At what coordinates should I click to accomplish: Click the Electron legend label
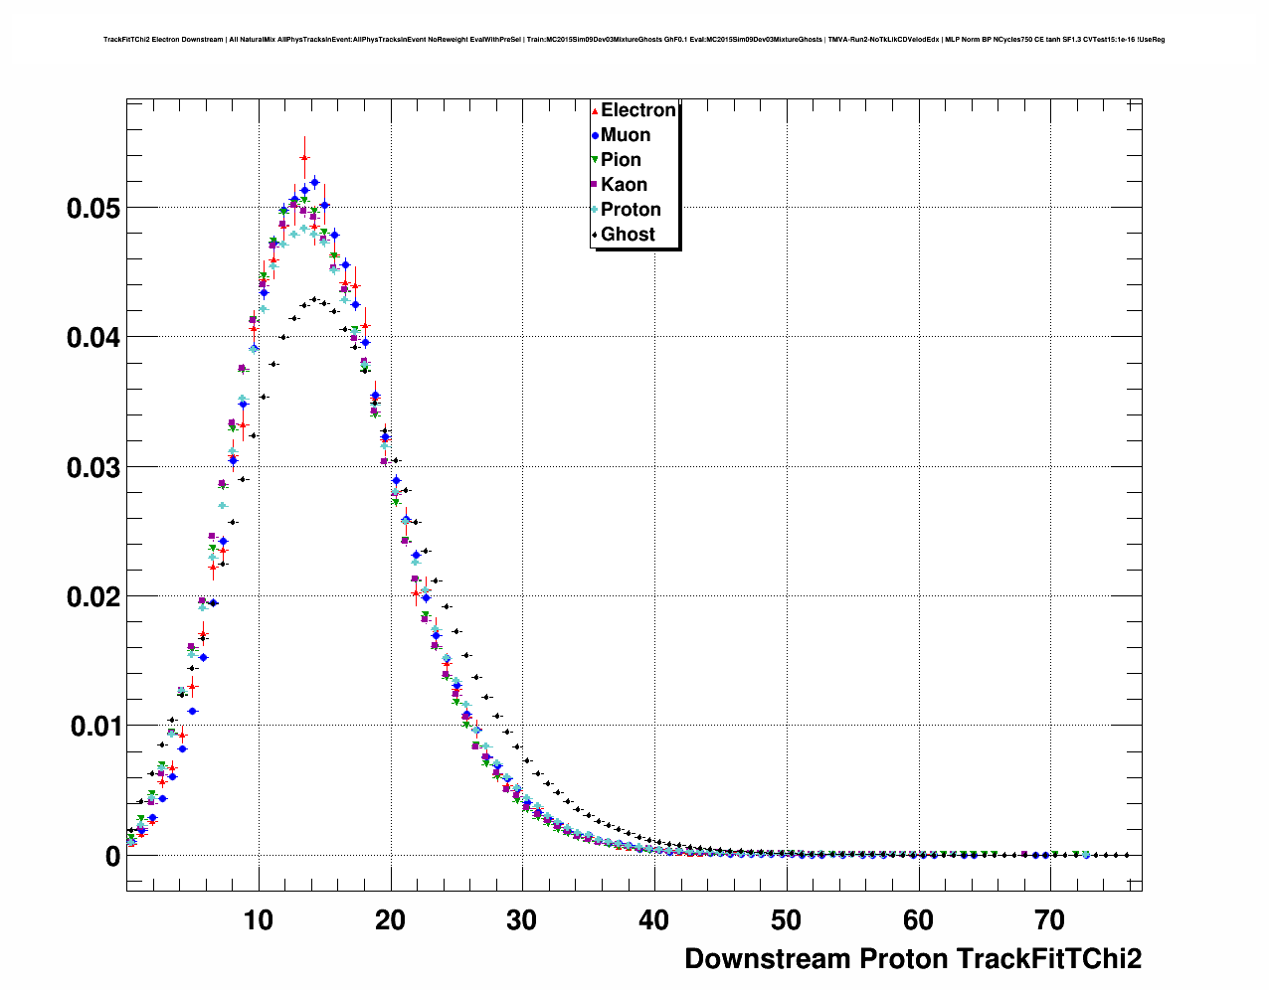click(637, 110)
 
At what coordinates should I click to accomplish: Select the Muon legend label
click(626, 135)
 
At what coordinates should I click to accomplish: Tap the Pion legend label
click(621, 160)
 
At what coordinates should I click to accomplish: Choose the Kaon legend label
click(624, 185)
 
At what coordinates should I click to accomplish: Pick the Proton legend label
click(631, 210)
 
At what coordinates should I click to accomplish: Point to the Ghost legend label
click(628, 235)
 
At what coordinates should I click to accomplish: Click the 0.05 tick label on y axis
click(93, 209)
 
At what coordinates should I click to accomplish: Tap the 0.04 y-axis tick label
click(93, 338)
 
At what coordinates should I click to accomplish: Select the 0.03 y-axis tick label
click(93, 468)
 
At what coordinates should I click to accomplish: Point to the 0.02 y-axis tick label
click(93, 597)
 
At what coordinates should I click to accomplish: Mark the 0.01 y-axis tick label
click(93, 727)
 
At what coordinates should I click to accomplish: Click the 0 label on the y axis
click(112, 857)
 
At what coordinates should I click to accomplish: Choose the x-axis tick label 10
click(259, 920)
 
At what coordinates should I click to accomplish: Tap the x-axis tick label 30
click(522, 920)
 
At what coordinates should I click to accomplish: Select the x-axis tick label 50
click(786, 920)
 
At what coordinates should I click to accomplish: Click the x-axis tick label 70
click(1049, 920)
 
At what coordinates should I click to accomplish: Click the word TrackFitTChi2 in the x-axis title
click(1048, 959)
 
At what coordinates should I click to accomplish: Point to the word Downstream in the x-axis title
click(767, 959)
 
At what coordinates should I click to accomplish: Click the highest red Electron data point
click(304, 158)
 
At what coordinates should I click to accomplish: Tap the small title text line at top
click(634, 40)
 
